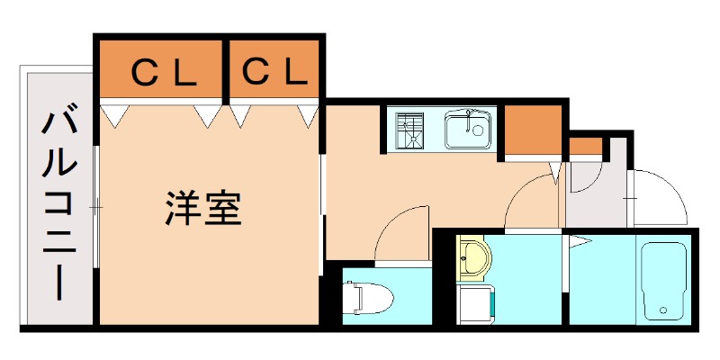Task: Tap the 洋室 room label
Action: pyautogui.click(x=202, y=209)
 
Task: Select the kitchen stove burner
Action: pyautogui.click(x=410, y=129)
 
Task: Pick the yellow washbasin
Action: pyautogui.click(x=472, y=257)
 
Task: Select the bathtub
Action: pyautogui.click(x=664, y=280)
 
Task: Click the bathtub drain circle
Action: pyautogui.click(x=664, y=311)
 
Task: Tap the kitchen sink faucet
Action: pyautogui.click(x=469, y=115)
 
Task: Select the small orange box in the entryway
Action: pyautogui.click(x=586, y=145)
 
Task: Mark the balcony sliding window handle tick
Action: pyautogui.click(x=97, y=209)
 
